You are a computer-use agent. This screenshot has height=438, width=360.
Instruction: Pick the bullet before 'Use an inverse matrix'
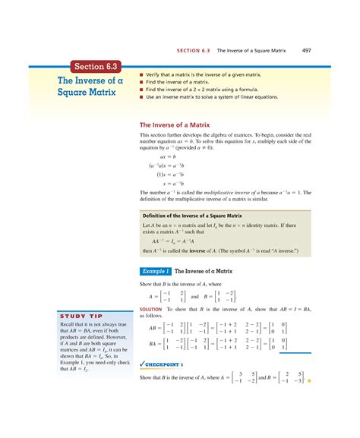click(141, 96)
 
